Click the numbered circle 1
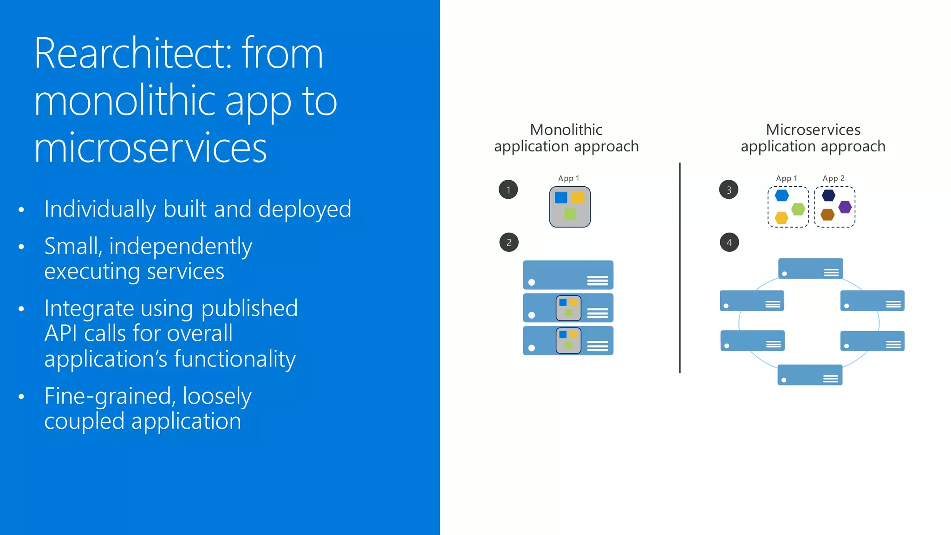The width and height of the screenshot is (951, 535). click(508, 189)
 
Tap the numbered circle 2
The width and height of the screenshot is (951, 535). click(509, 242)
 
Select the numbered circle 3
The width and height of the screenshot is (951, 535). click(729, 189)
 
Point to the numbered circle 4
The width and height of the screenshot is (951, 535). click(729, 242)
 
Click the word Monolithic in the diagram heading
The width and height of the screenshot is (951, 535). click(566, 130)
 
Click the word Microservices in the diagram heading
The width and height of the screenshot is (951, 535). click(813, 130)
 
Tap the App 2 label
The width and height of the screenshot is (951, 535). click(834, 178)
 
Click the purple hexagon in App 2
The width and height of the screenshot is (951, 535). click(845, 207)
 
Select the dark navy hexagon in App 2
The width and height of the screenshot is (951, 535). click(828, 195)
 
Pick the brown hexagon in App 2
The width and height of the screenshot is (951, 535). click(827, 215)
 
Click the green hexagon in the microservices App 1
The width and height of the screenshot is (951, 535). click(798, 209)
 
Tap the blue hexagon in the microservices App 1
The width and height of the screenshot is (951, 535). click(782, 196)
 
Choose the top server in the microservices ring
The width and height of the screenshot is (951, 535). click(811, 268)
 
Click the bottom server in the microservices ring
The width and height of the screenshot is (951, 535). click(810, 375)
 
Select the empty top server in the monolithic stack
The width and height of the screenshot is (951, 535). click(568, 275)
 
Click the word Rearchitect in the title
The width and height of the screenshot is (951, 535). click(133, 54)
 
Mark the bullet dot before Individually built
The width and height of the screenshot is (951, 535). click(21, 210)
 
